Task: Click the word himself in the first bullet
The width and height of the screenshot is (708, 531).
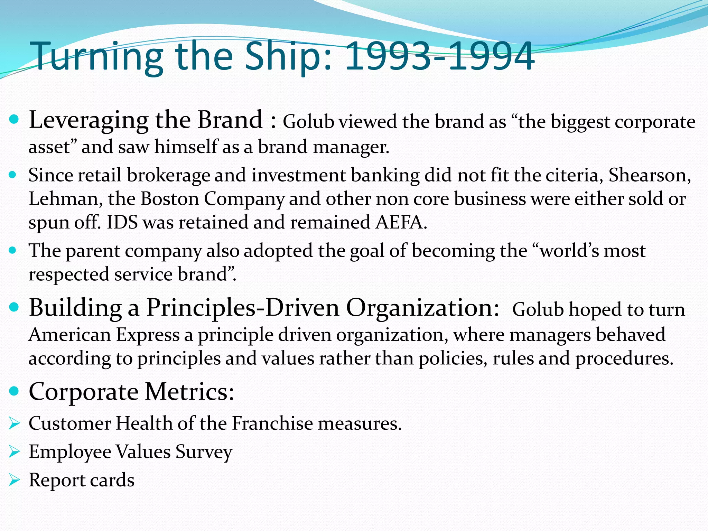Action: (x=186, y=147)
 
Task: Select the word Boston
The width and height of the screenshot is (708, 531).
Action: (x=170, y=199)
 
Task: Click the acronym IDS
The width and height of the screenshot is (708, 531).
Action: (x=122, y=222)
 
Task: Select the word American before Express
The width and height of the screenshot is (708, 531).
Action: (x=69, y=335)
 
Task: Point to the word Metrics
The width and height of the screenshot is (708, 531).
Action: (x=189, y=392)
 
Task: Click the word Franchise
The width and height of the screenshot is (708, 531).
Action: (x=272, y=423)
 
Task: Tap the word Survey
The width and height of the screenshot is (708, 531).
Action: (x=204, y=452)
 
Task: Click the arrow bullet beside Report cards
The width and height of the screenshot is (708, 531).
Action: (x=14, y=480)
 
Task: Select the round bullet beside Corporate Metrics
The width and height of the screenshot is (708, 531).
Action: (x=14, y=391)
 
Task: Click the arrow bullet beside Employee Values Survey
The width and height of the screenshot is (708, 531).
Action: (x=14, y=451)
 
